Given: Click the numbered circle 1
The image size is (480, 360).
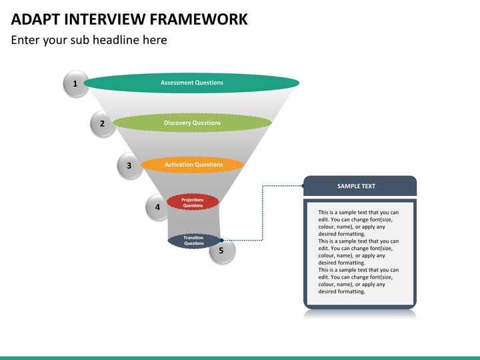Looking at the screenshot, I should point(75,84).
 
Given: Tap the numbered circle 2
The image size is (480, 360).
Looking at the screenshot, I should point(102,123).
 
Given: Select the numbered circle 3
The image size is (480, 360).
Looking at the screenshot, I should point(129,165).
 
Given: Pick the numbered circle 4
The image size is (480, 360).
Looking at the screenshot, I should point(157,207).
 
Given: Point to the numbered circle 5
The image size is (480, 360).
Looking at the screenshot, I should point(222,251).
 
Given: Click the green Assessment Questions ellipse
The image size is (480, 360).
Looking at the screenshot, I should point(192,83).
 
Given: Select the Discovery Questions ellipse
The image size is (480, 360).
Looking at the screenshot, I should point(192,123).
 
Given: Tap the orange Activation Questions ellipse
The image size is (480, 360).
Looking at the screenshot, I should point(192,165).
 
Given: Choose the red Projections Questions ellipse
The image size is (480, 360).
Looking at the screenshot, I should point(193,202).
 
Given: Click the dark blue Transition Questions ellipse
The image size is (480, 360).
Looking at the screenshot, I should point(193,241).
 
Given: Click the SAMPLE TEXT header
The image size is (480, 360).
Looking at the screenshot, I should point(360,186).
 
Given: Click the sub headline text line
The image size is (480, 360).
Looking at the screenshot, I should point(89,40).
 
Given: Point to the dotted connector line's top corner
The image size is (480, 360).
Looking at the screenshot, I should point(263,186).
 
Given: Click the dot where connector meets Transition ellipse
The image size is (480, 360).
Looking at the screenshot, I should point(221,241).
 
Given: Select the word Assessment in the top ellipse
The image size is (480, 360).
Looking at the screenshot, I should point(177,83).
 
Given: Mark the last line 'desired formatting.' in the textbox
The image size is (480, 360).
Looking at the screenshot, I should point(342,291).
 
